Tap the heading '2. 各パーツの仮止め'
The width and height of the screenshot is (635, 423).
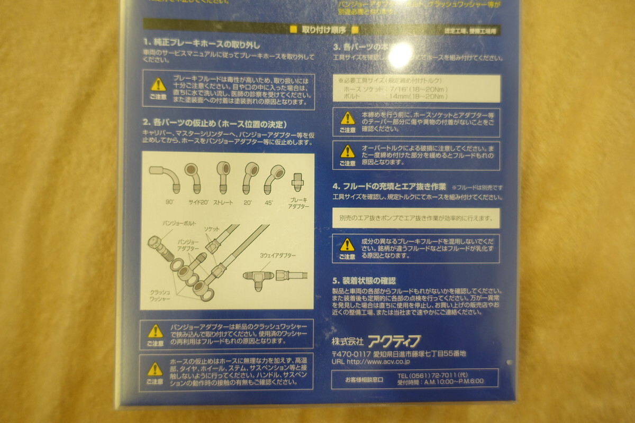[214, 124]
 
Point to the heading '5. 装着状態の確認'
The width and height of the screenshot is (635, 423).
[364, 281]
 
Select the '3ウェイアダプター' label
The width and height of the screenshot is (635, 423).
[278, 256]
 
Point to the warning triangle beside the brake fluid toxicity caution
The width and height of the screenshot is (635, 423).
[158, 85]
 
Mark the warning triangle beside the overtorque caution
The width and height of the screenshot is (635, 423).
[347, 151]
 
